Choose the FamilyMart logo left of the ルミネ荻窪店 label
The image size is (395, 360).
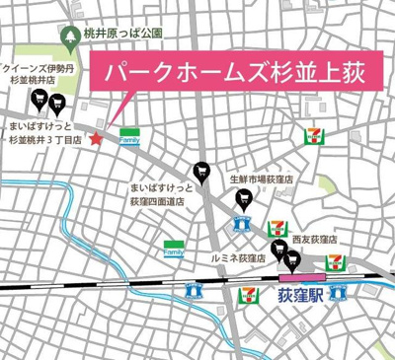[x=174, y=249]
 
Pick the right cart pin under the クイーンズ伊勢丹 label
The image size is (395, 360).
[x=58, y=99]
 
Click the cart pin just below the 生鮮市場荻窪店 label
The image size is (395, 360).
[x=244, y=200]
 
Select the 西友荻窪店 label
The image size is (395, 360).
[x=316, y=239]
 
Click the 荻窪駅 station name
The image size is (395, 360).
[x=302, y=295]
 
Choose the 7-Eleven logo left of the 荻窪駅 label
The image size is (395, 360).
[x=194, y=290]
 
